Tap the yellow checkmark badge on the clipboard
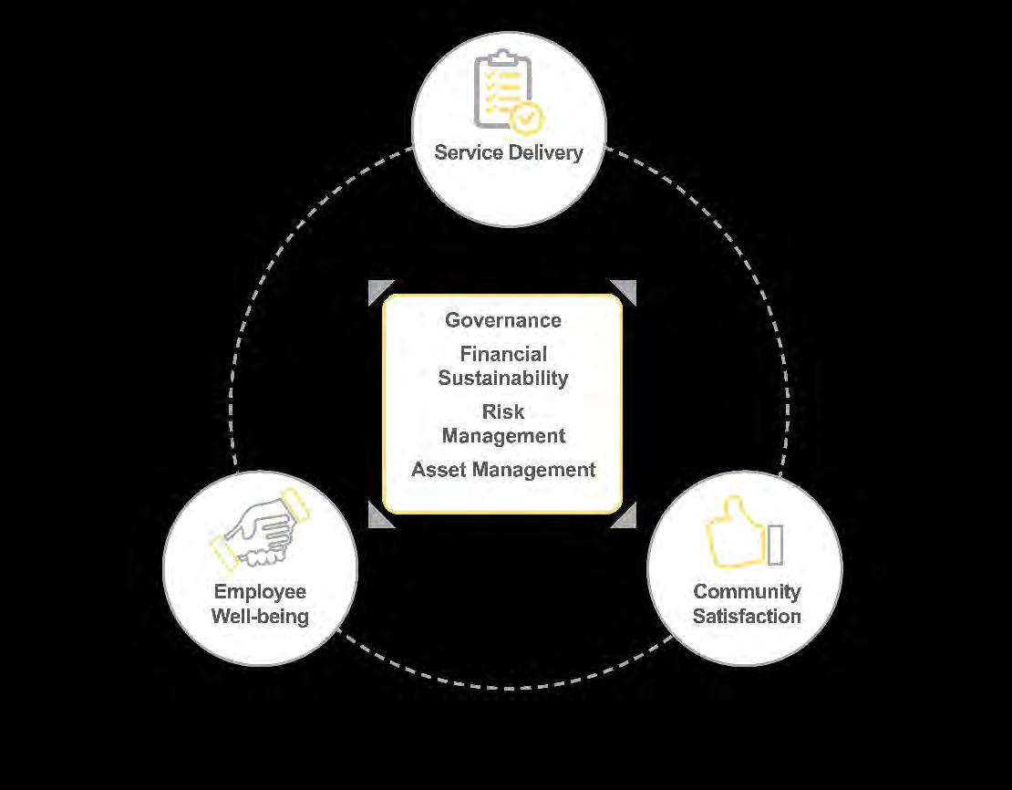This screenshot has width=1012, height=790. click(x=526, y=119)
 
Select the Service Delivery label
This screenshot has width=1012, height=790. click(x=509, y=152)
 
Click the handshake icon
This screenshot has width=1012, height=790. click(x=260, y=529)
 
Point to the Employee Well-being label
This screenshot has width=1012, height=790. click(x=260, y=604)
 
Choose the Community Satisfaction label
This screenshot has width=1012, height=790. click(x=747, y=604)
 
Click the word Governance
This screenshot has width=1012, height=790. click(x=503, y=320)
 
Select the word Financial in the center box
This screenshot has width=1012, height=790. click(x=503, y=354)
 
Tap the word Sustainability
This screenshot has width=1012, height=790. click(x=503, y=378)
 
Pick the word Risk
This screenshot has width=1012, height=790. click(x=503, y=411)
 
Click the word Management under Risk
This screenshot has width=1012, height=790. click(x=503, y=436)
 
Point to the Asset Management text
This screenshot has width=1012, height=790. click(x=503, y=470)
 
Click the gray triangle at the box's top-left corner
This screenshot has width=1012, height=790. click(x=377, y=290)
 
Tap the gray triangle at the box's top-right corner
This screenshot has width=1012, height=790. click(x=626, y=290)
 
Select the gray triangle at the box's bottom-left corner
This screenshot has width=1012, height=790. click(x=377, y=516)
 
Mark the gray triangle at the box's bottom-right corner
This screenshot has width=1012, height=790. click(x=626, y=516)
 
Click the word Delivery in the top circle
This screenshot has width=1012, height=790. click(x=544, y=152)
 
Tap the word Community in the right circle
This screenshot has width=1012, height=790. click(x=747, y=592)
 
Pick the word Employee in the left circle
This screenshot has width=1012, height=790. click(x=260, y=592)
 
